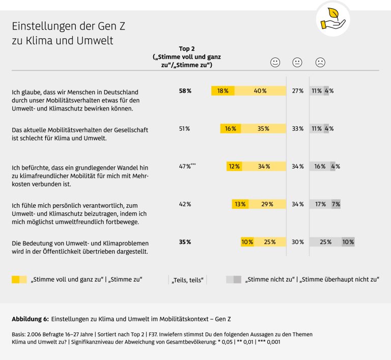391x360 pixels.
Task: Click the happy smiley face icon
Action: click(275, 63)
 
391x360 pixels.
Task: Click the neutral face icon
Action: click(297, 63)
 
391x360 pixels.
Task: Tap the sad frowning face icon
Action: click(320, 63)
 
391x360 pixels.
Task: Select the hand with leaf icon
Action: click(332, 19)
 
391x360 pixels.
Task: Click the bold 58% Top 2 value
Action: click(185, 91)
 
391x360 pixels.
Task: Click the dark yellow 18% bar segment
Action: click(223, 91)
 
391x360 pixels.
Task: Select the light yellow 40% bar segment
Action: click(260, 91)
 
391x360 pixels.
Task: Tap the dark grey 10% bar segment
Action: click(348, 242)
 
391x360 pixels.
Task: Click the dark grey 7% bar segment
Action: click(336, 204)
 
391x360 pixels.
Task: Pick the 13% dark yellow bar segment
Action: click(240, 204)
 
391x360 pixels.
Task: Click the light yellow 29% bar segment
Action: click(267, 204)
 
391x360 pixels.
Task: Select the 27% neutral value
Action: click(297, 91)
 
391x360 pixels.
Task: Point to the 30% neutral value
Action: click(297, 242)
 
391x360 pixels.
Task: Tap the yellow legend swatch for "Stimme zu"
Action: click(22, 279)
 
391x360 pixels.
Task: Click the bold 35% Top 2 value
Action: click(185, 242)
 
